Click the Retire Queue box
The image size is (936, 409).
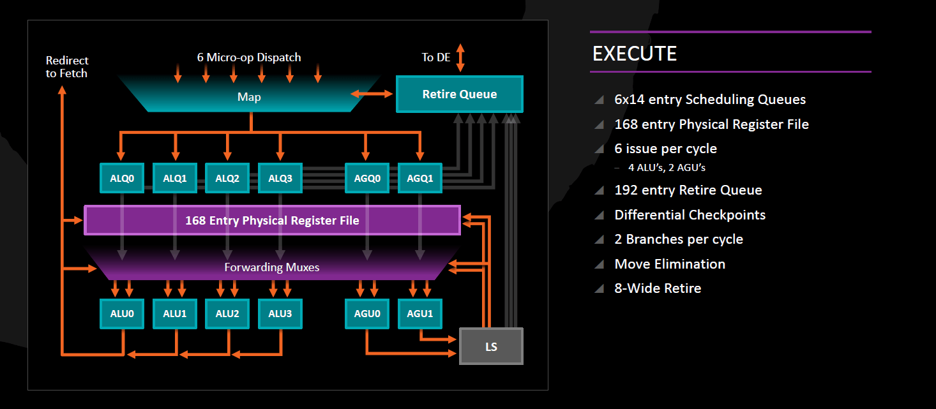coord(459,94)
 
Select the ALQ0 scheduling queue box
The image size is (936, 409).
coord(122,178)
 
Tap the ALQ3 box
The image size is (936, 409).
coord(280,178)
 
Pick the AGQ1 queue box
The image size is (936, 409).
coord(419,178)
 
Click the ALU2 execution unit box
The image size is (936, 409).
coord(227,313)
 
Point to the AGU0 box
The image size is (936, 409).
coord(366,313)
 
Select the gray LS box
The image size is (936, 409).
coord(491,346)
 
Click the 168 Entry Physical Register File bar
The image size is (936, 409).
coord(272,221)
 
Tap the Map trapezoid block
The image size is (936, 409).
coord(249,97)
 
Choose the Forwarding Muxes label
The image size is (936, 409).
coord(271,267)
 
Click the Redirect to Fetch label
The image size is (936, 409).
coord(66,67)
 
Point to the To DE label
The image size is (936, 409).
coord(435,57)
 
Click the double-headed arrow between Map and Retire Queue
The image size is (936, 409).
coord(372,94)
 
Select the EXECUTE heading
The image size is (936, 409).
coord(634,54)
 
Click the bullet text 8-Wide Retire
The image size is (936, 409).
coord(658,288)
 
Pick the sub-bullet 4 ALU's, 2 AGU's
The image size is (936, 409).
coord(666,168)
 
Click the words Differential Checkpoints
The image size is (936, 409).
coord(690,215)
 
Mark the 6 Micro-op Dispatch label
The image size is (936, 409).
coord(249,57)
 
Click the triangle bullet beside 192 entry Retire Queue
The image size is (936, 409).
coord(599,191)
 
